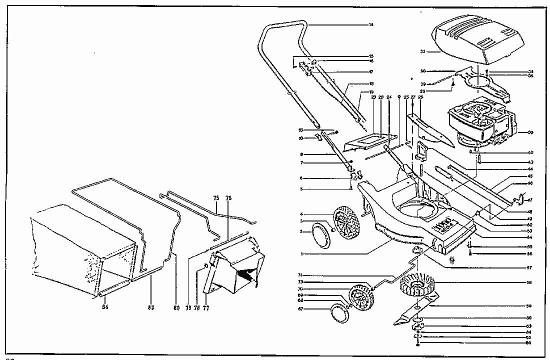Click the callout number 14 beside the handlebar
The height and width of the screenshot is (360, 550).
371,24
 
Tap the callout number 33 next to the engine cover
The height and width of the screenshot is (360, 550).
422,51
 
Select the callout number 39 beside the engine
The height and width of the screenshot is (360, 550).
530,132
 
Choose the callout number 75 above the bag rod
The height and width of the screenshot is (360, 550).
216,198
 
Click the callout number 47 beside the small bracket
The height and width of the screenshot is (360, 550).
530,199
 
